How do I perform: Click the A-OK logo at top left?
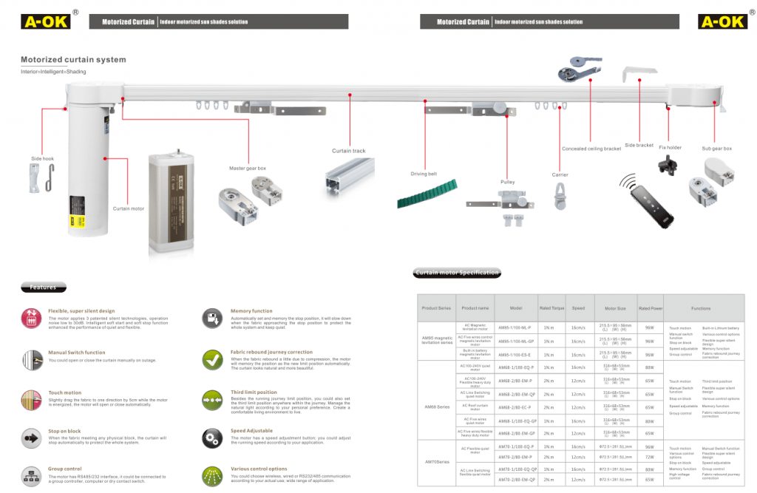46,21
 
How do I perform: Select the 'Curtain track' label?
348,152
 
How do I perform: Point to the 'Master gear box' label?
248,169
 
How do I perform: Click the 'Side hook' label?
42,158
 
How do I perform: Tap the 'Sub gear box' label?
716,149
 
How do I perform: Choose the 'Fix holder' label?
670,148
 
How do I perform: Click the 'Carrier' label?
560,174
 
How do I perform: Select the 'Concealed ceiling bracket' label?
591,149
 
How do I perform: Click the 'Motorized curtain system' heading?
73,60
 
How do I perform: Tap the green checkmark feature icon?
214,361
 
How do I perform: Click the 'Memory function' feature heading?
251,311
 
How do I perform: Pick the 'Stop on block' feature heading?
64,429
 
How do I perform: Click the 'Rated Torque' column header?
551,308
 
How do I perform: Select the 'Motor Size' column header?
615,308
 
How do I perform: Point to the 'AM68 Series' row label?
436,407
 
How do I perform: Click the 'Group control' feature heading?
65,469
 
